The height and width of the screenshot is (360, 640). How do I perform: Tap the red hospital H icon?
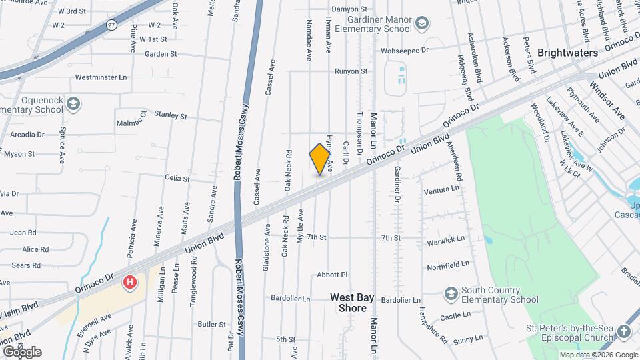tap(130, 282)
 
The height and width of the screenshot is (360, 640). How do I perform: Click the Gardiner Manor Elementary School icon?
tap(421, 25)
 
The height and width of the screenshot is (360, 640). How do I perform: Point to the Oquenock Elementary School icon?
tap(73, 103)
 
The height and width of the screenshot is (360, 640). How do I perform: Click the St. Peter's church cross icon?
tap(623, 331)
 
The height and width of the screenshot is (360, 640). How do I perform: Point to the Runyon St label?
tap(351, 71)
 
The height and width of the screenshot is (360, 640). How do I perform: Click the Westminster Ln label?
tap(101, 77)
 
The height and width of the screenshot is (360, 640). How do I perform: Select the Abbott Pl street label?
tap(333, 275)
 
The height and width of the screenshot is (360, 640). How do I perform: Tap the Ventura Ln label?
tap(441, 190)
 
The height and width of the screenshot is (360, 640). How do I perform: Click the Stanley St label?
tap(171, 115)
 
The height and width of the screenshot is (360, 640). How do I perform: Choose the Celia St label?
tap(177, 179)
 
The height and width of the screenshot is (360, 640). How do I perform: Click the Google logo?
tap(22, 352)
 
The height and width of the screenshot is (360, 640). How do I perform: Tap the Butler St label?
tap(212, 324)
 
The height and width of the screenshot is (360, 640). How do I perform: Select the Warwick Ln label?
tap(446, 239)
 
